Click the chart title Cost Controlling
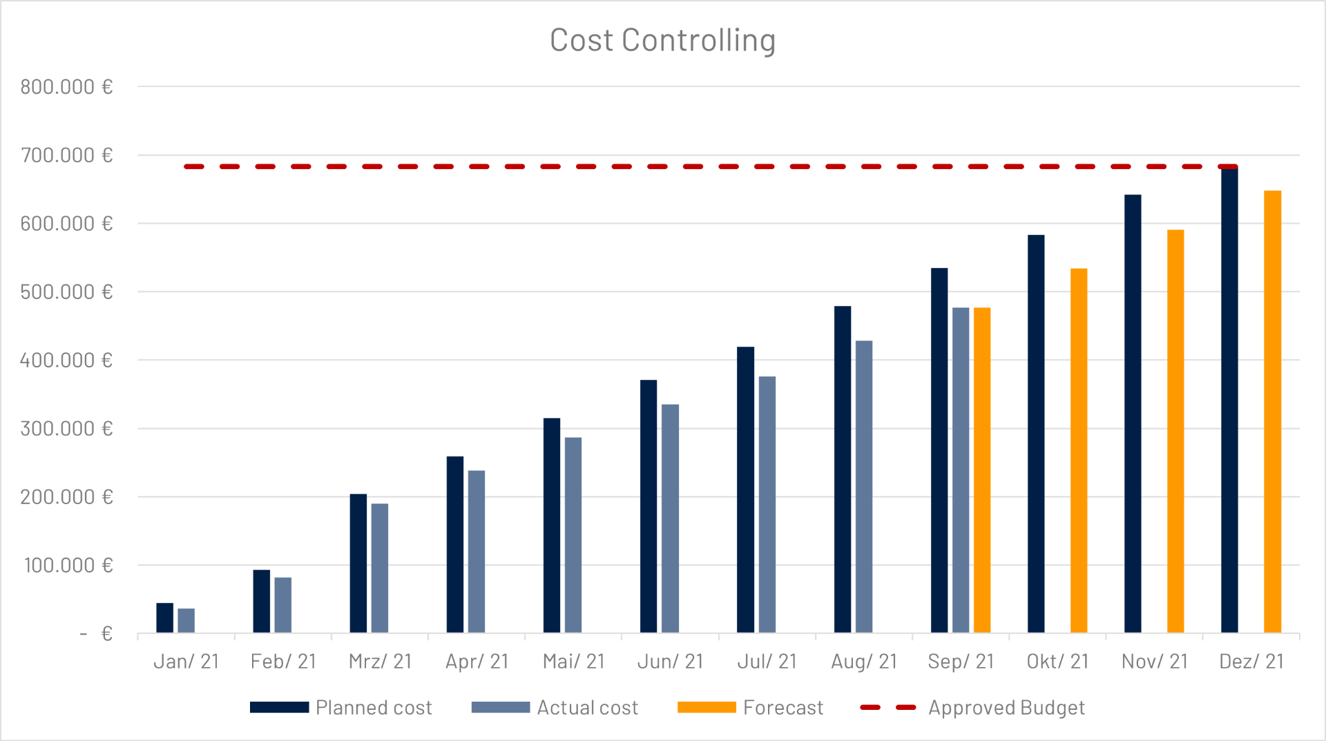662,40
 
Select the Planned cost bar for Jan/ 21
164,618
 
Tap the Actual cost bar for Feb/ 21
282,605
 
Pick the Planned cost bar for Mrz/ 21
358,563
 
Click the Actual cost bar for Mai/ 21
573,535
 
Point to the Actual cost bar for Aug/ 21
863,486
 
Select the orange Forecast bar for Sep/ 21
981,470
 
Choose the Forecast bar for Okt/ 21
1078,450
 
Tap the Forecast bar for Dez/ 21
1272,411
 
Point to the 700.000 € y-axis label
66,155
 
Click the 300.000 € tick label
66,429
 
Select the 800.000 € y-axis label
66,87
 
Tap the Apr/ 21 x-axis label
477,662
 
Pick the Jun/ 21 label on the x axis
670,662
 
